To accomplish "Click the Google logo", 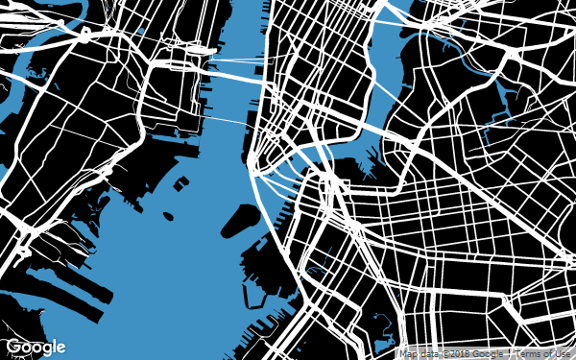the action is click(36, 347).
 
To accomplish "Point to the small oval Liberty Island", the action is click(169, 217).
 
